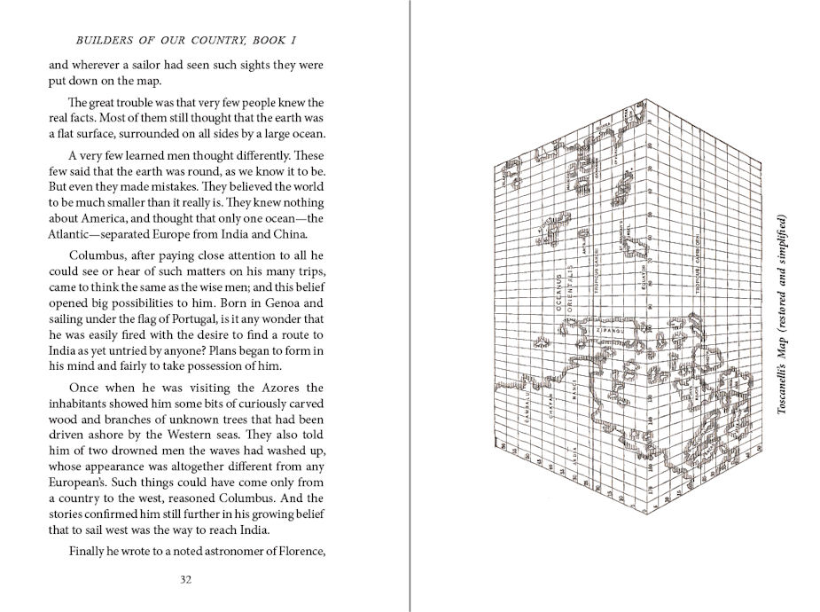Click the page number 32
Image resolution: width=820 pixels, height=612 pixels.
pyautogui.click(x=185, y=580)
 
